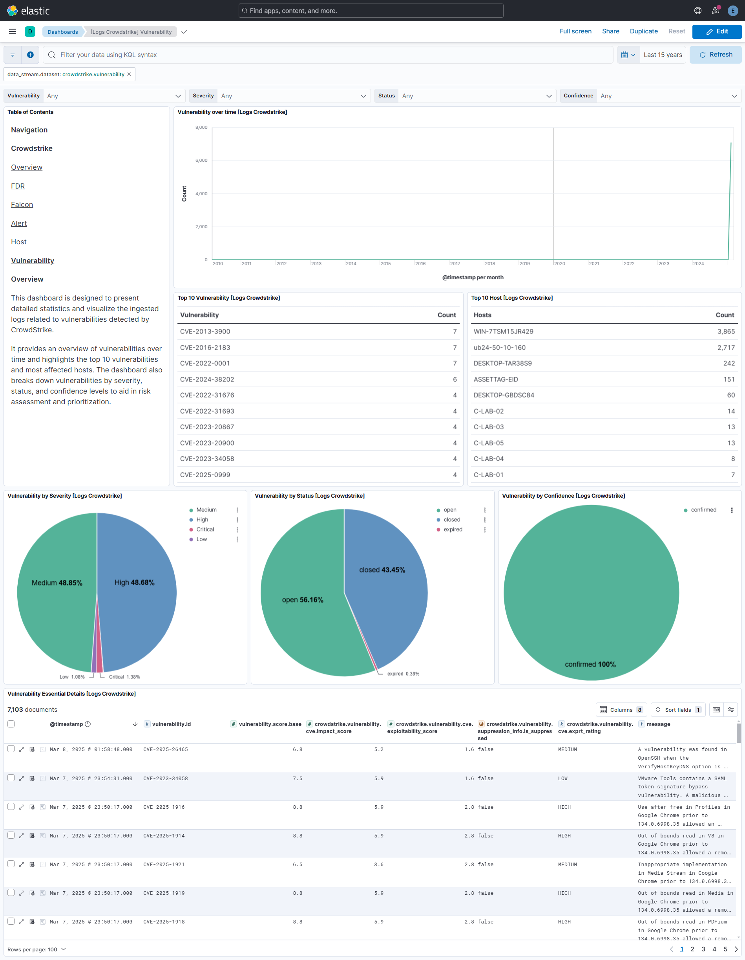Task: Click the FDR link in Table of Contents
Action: coord(18,186)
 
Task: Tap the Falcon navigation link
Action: coord(22,204)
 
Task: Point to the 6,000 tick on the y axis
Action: coord(201,160)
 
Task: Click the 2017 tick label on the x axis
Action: coord(455,264)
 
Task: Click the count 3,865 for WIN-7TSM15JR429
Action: coord(726,332)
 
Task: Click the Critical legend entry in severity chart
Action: coord(205,529)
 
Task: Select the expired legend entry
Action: coord(453,529)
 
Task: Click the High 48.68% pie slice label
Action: coord(134,583)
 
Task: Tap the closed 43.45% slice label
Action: coord(382,570)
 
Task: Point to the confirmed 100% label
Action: coord(590,664)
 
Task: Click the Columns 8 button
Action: coord(621,709)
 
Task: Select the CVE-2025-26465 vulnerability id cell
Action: coord(166,749)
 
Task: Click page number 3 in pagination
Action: coord(703,949)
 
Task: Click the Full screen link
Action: coord(575,31)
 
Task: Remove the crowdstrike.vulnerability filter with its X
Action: coord(129,74)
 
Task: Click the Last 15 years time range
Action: coord(663,55)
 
